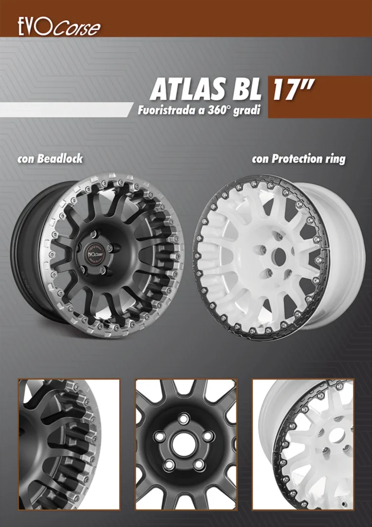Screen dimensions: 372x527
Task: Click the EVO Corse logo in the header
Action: [59, 27]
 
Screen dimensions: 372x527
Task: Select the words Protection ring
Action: [308, 159]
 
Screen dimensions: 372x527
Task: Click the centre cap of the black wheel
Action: [95, 254]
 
